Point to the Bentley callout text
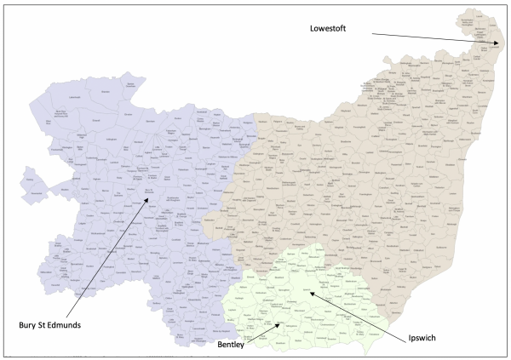(x=227, y=344)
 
